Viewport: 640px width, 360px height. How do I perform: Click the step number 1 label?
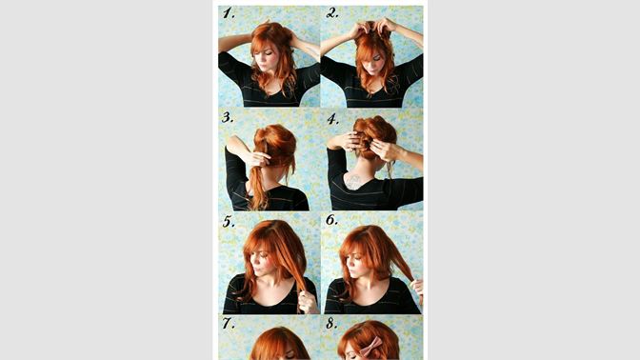(x=229, y=14)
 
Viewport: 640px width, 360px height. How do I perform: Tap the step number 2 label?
(x=332, y=13)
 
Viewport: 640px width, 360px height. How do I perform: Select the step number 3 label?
(x=228, y=117)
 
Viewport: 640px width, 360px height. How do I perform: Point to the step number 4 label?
(x=332, y=119)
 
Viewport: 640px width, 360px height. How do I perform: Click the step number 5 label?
(x=229, y=222)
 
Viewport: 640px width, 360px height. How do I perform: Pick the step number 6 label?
(x=331, y=220)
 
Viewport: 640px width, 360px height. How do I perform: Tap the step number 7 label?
(x=229, y=323)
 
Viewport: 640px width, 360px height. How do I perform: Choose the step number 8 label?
(x=331, y=324)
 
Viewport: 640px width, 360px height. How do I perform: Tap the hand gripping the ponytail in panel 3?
(x=258, y=158)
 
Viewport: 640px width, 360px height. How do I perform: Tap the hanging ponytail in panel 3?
(x=258, y=187)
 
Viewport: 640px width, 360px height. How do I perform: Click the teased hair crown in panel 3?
(x=276, y=143)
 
